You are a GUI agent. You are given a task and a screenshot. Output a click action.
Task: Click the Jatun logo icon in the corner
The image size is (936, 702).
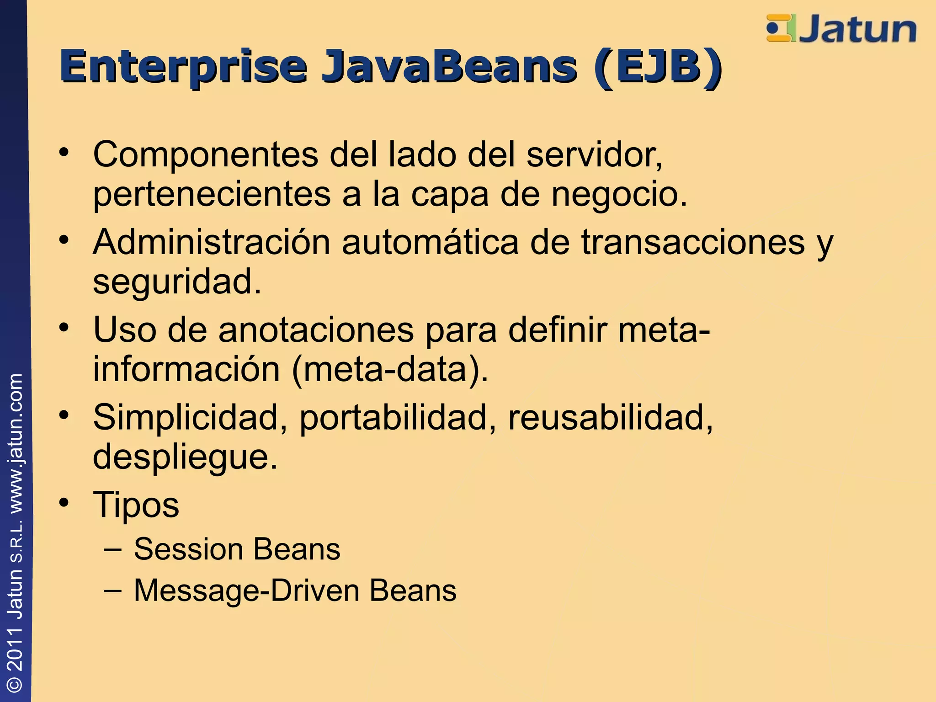[781, 28]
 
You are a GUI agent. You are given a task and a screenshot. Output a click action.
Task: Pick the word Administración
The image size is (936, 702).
[211, 242]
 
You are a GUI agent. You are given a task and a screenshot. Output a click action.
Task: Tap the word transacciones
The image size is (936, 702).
[693, 242]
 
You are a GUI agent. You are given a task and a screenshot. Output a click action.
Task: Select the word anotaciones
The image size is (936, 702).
[316, 330]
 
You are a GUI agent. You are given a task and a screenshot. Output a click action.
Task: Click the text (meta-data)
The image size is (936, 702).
[390, 369]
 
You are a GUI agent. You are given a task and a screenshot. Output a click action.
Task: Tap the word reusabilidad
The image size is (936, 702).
[610, 417]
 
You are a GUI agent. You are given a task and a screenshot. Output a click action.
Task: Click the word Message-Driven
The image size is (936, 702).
[247, 590]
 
